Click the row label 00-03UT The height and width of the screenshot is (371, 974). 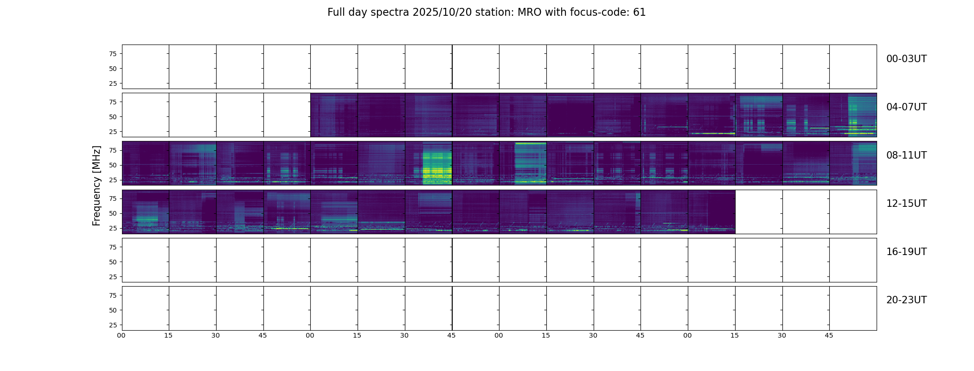[906, 59]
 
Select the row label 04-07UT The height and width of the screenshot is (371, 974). [906, 107]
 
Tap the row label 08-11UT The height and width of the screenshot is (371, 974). [906, 155]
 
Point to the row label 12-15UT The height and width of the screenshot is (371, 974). [906, 204]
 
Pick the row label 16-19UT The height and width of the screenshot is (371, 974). [906, 252]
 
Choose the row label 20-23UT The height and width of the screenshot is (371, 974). [906, 300]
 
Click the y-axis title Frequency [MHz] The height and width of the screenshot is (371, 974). [96, 185]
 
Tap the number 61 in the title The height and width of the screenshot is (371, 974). [639, 13]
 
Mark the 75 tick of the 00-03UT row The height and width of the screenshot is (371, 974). [113, 54]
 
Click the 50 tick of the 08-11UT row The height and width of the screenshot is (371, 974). [113, 165]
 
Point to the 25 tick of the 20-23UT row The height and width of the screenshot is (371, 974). [113, 325]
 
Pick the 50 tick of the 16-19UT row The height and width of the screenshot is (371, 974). [113, 262]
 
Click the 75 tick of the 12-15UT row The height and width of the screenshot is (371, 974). [113, 198]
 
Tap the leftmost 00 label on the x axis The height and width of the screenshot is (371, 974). [121, 335]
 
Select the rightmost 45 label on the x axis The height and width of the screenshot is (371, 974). [829, 335]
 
